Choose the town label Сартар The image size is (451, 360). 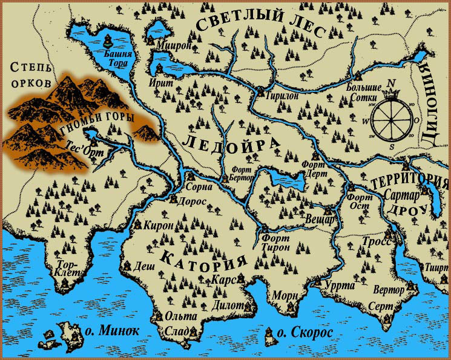(x=399, y=195)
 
